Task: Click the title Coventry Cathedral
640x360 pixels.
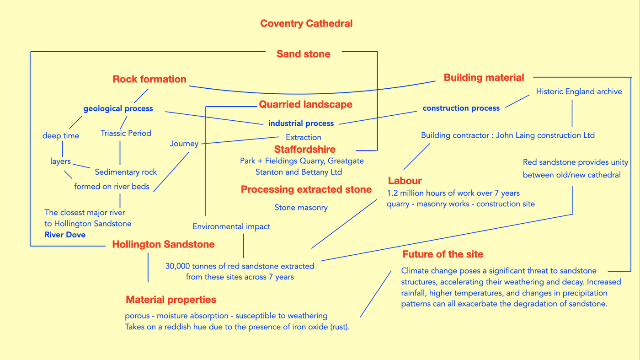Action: [306, 23]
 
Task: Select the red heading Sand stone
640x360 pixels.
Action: [303, 54]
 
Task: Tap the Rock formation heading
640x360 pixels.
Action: [149, 79]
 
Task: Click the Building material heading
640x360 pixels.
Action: [484, 77]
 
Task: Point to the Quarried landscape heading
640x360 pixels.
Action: [305, 104]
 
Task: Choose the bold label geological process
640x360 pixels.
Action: [118, 109]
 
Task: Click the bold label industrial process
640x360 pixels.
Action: [301, 123]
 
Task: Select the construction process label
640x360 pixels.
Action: [461, 108]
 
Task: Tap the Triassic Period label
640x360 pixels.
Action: [126, 133]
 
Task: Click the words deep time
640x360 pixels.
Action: [61, 136]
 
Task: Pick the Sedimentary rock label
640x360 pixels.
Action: [126, 172]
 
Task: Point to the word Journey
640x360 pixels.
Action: [184, 144]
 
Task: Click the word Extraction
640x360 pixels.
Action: [303, 137]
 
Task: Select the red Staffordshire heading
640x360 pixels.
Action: [304, 149]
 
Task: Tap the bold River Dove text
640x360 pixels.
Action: [65, 235]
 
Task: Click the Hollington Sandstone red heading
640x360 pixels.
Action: [163, 244]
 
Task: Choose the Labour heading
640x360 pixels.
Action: [405, 181]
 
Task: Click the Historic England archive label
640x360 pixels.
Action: [579, 91]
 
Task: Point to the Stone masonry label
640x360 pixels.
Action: [301, 208]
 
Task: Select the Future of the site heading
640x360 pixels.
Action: [443, 254]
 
